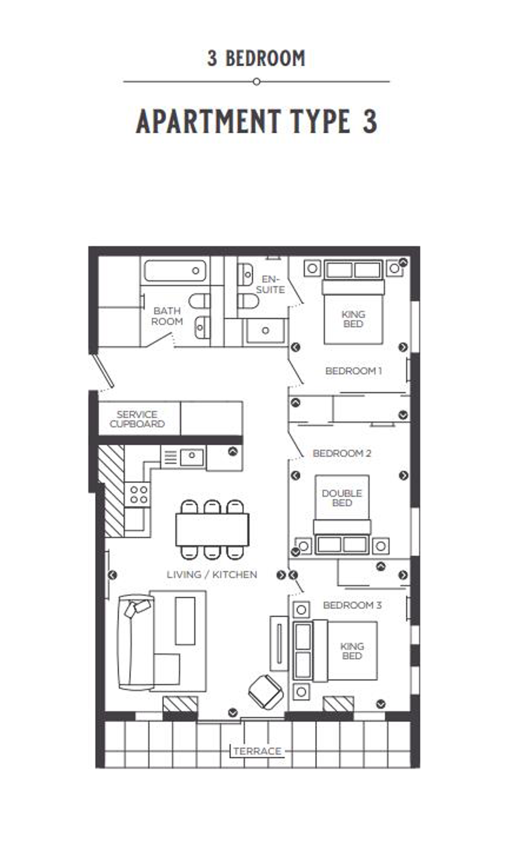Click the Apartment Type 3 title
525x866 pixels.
[256, 121]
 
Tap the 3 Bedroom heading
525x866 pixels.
[256, 58]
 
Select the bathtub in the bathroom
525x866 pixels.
[175, 271]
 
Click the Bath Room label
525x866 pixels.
[167, 316]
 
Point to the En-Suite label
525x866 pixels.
[270, 284]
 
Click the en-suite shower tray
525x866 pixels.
[265, 331]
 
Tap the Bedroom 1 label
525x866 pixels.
[353, 371]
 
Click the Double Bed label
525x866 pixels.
[342, 498]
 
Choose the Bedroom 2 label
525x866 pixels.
[342, 453]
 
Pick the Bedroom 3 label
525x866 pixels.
[352, 605]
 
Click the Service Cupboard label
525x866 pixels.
[137, 419]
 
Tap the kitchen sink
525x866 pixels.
[192, 457]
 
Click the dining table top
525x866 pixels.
[212, 530]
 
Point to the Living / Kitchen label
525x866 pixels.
[212, 575]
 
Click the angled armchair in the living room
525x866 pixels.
[266, 692]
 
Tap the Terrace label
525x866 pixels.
[257, 751]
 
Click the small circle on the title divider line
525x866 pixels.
[256, 81]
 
